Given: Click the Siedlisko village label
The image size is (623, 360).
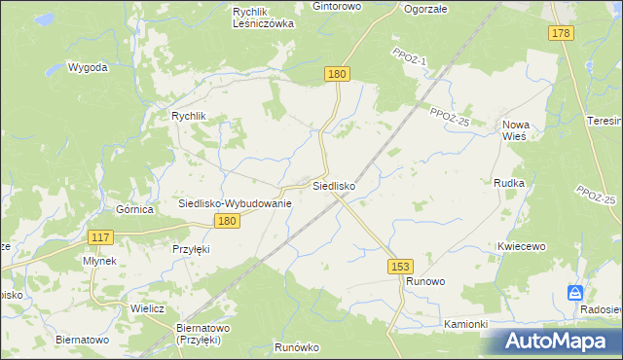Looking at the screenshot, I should pyautogui.click(x=333, y=185).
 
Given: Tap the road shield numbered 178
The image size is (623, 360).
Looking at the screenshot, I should pyautogui.click(x=560, y=34).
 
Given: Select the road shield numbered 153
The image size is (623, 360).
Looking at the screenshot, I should pyautogui.click(x=399, y=265).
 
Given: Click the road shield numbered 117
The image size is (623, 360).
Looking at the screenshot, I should pyautogui.click(x=100, y=237).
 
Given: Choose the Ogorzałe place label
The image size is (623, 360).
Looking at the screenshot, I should pyautogui.click(x=424, y=8).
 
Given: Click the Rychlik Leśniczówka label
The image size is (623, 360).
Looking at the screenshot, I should pyautogui.click(x=264, y=18).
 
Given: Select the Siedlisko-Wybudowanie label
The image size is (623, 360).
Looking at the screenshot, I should pyautogui.click(x=235, y=203).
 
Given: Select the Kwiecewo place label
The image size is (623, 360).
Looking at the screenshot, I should pyautogui.click(x=520, y=247).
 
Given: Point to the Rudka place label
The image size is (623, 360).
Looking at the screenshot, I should pyautogui.click(x=509, y=183).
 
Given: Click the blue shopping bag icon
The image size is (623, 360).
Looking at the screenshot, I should pyautogui.click(x=576, y=293).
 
